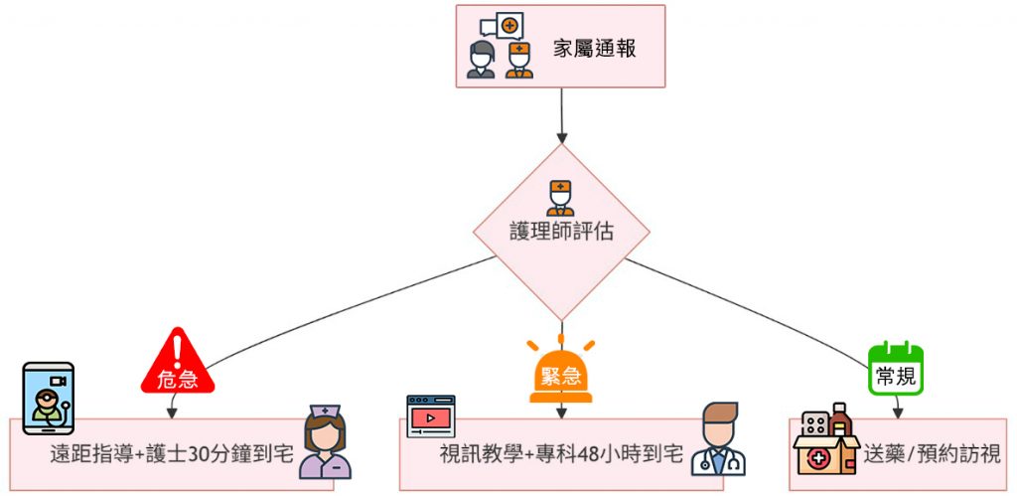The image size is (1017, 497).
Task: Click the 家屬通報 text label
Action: point(595,48)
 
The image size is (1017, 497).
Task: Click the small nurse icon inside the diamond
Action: point(560,197)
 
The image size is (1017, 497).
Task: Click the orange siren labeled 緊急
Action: point(561,373)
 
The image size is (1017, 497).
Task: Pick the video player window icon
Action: point(430,414)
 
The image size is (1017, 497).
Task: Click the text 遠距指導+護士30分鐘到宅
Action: point(172,455)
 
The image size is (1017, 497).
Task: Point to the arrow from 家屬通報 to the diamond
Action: point(561,114)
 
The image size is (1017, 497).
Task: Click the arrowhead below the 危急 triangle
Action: point(172,412)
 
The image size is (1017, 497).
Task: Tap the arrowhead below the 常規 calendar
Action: point(897,412)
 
